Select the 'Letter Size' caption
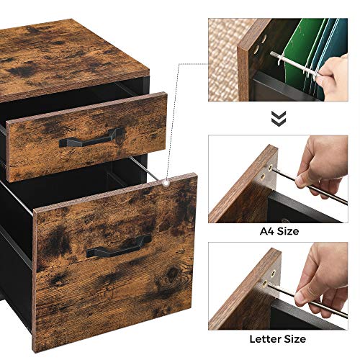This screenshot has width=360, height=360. click(278, 338)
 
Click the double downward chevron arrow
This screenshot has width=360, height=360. click(278, 117)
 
